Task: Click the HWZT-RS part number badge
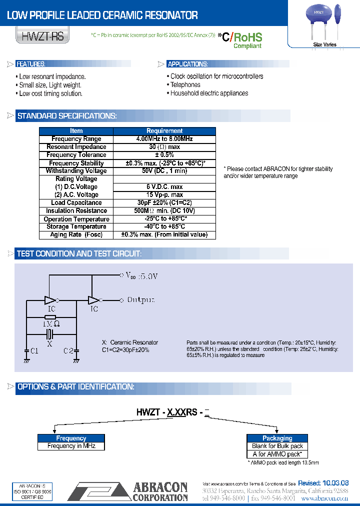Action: (x=42, y=37)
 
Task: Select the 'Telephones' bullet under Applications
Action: (x=185, y=85)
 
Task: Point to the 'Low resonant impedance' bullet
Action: (x=52, y=76)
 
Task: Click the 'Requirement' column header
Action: (x=164, y=130)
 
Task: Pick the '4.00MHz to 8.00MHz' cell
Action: (x=164, y=138)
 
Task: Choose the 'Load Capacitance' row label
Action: (x=76, y=203)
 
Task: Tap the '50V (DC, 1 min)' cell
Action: (x=164, y=171)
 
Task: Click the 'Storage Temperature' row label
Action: (x=76, y=227)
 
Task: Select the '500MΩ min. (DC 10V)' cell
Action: (x=164, y=211)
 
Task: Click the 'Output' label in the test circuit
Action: (x=140, y=300)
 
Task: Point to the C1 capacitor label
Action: (x=33, y=351)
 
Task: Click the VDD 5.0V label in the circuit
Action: (x=141, y=275)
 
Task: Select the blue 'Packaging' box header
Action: (x=277, y=438)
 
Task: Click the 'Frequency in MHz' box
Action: (x=71, y=446)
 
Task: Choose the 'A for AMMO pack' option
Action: (x=277, y=454)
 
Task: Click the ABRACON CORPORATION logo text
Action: (x=159, y=491)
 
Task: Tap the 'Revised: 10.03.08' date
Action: (x=323, y=483)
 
